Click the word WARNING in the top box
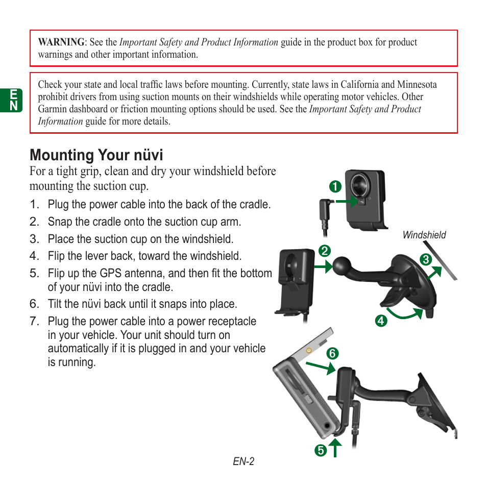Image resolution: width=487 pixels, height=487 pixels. click(x=61, y=42)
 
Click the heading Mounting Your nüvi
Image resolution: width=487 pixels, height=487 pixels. click(x=96, y=155)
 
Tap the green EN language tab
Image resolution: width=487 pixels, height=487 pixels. click(x=14, y=100)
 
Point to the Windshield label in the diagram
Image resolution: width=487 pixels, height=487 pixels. click(x=424, y=235)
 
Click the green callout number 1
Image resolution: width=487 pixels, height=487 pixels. click(x=335, y=186)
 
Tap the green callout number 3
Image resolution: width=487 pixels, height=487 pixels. click(x=426, y=259)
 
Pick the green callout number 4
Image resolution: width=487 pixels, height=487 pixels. click(x=381, y=321)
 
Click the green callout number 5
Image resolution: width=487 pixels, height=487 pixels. click(x=320, y=450)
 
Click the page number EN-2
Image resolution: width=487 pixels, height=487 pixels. click(x=243, y=461)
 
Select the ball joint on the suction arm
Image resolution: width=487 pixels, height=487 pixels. click(x=341, y=266)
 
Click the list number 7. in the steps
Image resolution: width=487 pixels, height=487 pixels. click(x=34, y=321)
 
